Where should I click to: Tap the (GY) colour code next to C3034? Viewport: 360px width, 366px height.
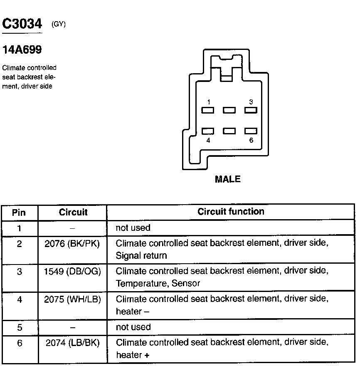tap(59, 25)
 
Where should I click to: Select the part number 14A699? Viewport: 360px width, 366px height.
tap(22, 50)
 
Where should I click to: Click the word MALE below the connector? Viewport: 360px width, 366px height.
tap(227, 179)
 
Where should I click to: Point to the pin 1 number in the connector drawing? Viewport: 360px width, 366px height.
tap(208, 102)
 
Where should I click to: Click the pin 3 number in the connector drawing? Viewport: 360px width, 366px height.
tap(251, 102)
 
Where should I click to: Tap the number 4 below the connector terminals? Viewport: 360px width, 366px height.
tap(208, 140)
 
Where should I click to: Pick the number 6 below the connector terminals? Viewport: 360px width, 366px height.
tap(251, 140)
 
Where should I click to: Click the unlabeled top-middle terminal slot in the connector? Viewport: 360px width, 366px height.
tap(229, 110)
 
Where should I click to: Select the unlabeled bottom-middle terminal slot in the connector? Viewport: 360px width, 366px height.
tap(229, 131)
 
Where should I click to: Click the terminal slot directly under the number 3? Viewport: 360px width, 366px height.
tap(250, 110)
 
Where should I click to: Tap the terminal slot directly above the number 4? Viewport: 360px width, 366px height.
tap(208, 131)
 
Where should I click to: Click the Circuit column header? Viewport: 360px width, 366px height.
tap(73, 212)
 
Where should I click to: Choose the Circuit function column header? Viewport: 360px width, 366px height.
tap(231, 212)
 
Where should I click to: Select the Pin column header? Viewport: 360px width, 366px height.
tap(19, 213)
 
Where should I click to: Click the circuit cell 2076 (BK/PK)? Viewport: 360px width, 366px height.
tap(73, 244)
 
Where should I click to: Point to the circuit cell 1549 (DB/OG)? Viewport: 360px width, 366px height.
tap(73, 271)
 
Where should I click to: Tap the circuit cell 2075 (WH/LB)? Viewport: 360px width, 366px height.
tap(73, 299)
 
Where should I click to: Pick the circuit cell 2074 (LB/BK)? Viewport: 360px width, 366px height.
tap(73, 342)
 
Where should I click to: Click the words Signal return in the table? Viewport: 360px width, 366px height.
tap(141, 256)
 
